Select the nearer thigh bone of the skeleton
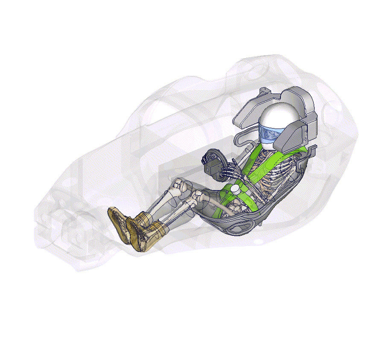tap(213, 201)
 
